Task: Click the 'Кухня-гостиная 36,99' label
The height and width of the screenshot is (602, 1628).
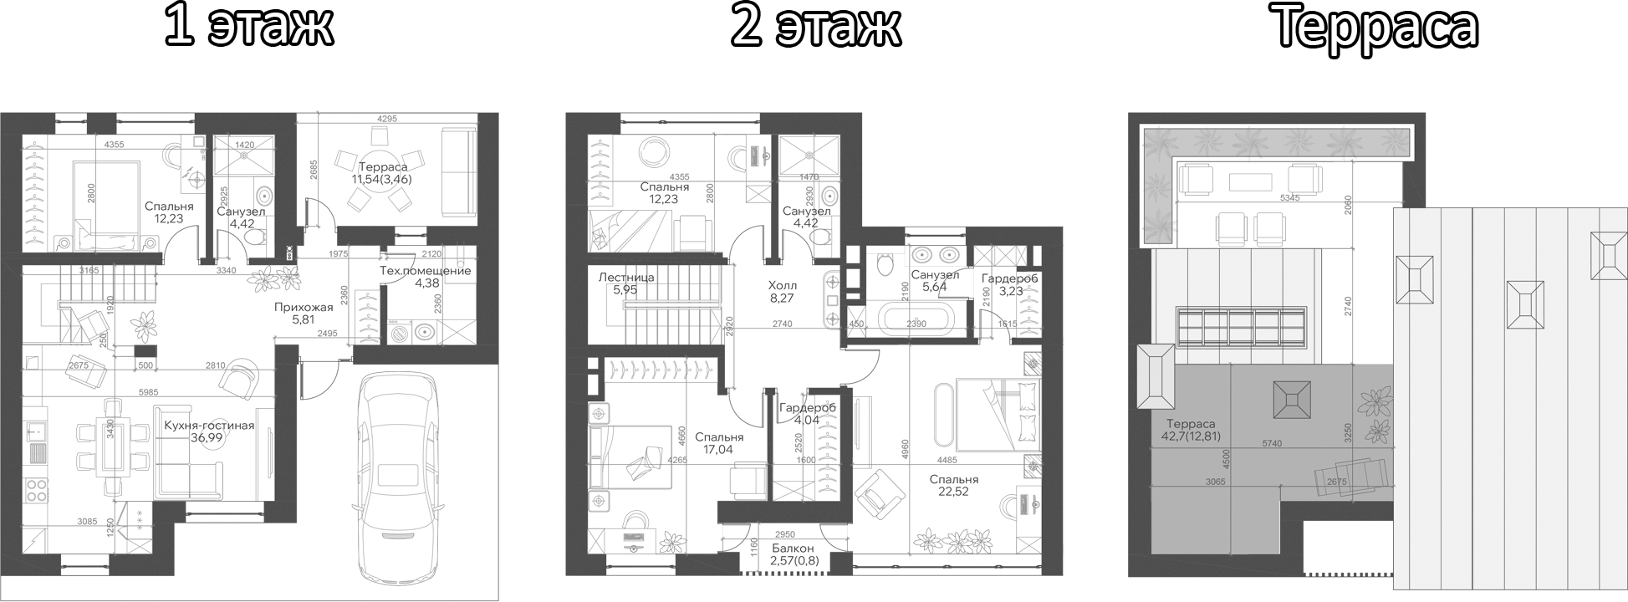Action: click(x=209, y=432)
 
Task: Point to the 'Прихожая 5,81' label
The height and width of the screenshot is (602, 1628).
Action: click(x=304, y=314)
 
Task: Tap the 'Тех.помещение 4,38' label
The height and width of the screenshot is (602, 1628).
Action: click(x=425, y=277)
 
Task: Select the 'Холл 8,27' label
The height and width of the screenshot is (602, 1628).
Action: click(x=783, y=290)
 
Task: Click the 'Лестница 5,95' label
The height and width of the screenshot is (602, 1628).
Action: click(x=626, y=283)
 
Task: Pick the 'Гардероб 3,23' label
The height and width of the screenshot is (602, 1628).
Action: click(x=1009, y=284)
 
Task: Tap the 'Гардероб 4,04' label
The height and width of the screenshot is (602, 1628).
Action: click(x=807, y=414)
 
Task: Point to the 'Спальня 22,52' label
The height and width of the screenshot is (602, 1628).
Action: click(x=954, y=486)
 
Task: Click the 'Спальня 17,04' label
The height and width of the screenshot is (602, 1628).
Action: click(x=719, y=443)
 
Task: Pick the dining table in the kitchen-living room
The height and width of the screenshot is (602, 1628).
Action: click(x=110, y=447)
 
